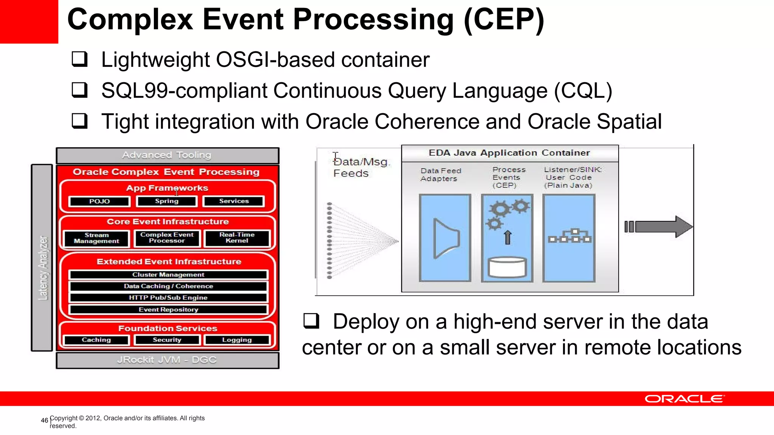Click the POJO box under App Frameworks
pyautogui.click(x=99, y=201)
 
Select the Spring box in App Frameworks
pyautogui.click(x=167, y=201)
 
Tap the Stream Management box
pyautogui.click(x=96, y=238)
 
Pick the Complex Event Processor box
pyautogui.click(x=167, y=238)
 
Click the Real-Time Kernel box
pyautogui.click(x=237, y=238)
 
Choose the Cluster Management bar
pyautogui.click(x=168, y=275)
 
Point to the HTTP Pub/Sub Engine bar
pyautogui.click(x=168, y=298)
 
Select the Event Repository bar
pyautogui.click(x=168, y=310)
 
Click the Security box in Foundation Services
pyautogui.click(x=167, y=340)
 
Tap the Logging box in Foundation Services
pyautogui.click(x=237, y=340)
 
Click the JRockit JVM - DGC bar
pyautogui.click(x=167, y=360)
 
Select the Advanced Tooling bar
pyautogui.click(x=167, y=155)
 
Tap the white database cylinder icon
pyautogui.click(x=507, y=267)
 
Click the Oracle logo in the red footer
pyautogui.click(x=684, y=399)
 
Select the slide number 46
pyautogui.click(x=45, y=420)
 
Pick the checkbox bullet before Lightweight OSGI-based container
pyautogui.click(x=80, y=59)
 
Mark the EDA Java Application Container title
pyautogui.click(x=509, y=153)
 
